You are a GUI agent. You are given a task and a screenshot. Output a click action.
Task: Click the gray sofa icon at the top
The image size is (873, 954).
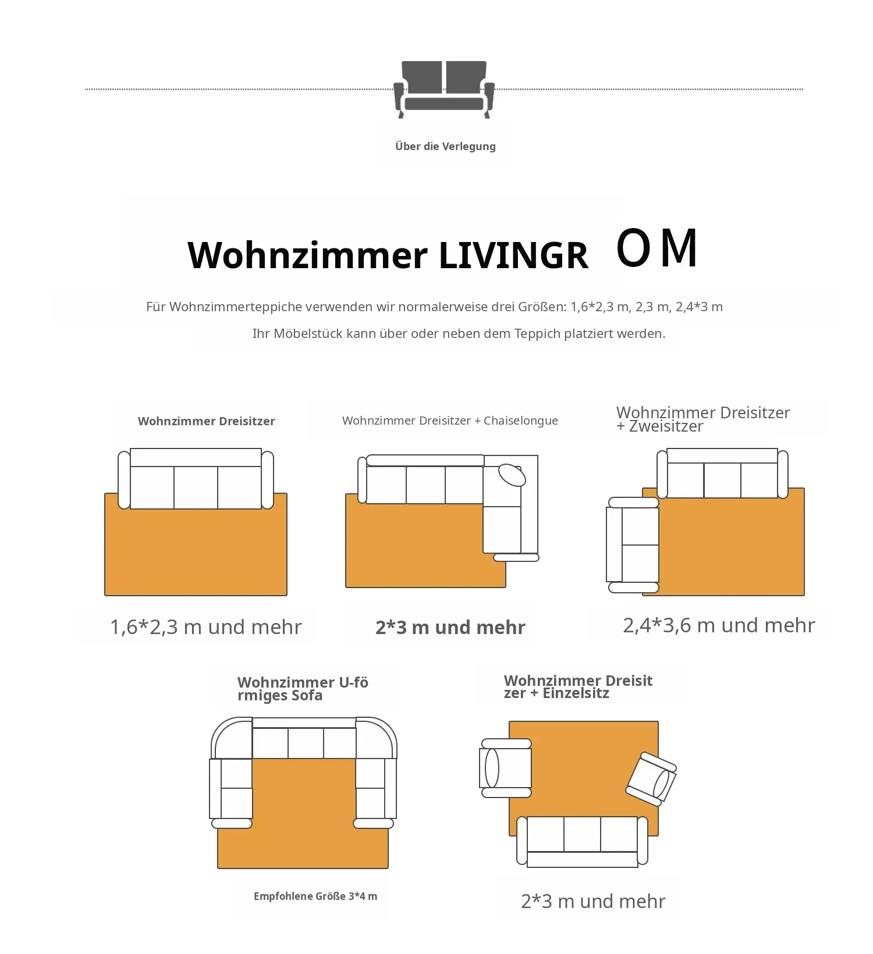pos(444,89)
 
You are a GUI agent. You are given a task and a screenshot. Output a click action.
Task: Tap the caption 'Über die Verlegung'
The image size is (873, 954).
pos(445,147)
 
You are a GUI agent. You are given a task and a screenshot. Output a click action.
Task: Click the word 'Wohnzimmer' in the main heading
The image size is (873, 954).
pos(307,255)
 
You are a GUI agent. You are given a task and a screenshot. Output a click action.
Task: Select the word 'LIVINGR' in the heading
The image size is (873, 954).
pos(513,255)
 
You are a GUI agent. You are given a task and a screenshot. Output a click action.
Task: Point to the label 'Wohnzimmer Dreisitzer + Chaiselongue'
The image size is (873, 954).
pos(450,421)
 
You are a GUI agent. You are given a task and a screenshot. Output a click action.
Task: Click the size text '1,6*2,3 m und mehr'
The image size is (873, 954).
pos(206,627)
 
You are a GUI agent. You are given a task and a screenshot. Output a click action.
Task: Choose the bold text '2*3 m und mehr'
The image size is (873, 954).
pos(450,628)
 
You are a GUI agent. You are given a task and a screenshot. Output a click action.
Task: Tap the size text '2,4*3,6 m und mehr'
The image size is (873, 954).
pos(719,625)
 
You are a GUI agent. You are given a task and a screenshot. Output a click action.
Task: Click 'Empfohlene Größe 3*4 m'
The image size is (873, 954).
pos(315,896)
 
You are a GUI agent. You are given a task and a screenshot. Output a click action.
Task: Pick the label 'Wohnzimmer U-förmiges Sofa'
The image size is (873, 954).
pos(303,689)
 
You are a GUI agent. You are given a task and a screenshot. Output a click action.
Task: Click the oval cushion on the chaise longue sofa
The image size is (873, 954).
pos(512,475)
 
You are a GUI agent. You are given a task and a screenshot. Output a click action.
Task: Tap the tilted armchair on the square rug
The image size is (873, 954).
pos(651,779)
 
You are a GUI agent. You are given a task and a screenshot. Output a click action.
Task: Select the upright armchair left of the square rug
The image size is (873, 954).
pos(506,768)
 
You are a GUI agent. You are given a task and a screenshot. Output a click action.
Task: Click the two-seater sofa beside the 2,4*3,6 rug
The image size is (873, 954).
pos(633,545)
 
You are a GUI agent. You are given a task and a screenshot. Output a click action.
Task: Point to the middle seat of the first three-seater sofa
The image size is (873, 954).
pos(196,487)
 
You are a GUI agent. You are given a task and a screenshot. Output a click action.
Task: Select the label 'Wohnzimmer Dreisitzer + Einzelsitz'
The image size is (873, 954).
pos(578,687)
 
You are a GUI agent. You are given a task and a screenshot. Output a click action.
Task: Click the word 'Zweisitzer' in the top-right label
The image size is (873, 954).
pos(666,426)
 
